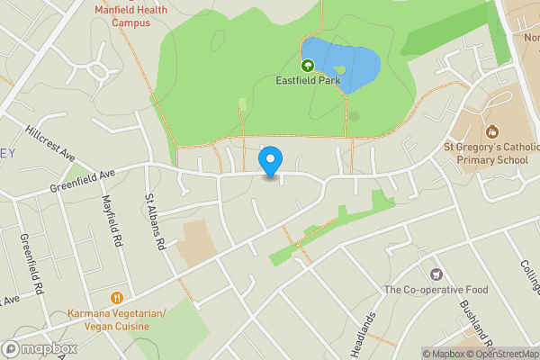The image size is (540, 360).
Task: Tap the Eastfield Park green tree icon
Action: (x=308, y=65)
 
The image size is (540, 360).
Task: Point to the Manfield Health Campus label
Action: (x=131, y=15)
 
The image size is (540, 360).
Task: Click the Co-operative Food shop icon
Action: (x=436, y=273)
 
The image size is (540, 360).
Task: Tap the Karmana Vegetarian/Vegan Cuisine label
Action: (x=117, y=319)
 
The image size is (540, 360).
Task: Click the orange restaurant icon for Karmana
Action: (x=117, y=298)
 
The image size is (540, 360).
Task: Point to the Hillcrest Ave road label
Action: (x=49, y=143)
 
